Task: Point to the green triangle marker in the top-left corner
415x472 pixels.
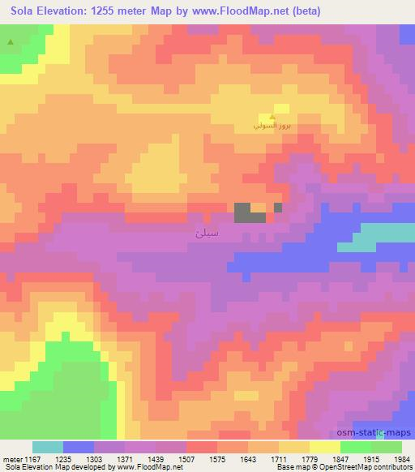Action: [10, 41]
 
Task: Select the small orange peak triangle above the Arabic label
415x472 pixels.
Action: [272, 118]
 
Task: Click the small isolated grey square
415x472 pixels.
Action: [278, 208]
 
